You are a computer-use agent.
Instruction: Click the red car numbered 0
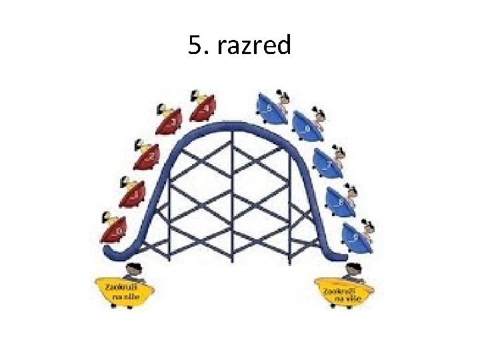[x=115, y=230]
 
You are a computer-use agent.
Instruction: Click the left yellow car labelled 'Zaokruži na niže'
[x=126, y=291]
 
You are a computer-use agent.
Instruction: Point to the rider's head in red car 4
[x=195, y=96]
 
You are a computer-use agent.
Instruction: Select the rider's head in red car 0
[x=107, y=218]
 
